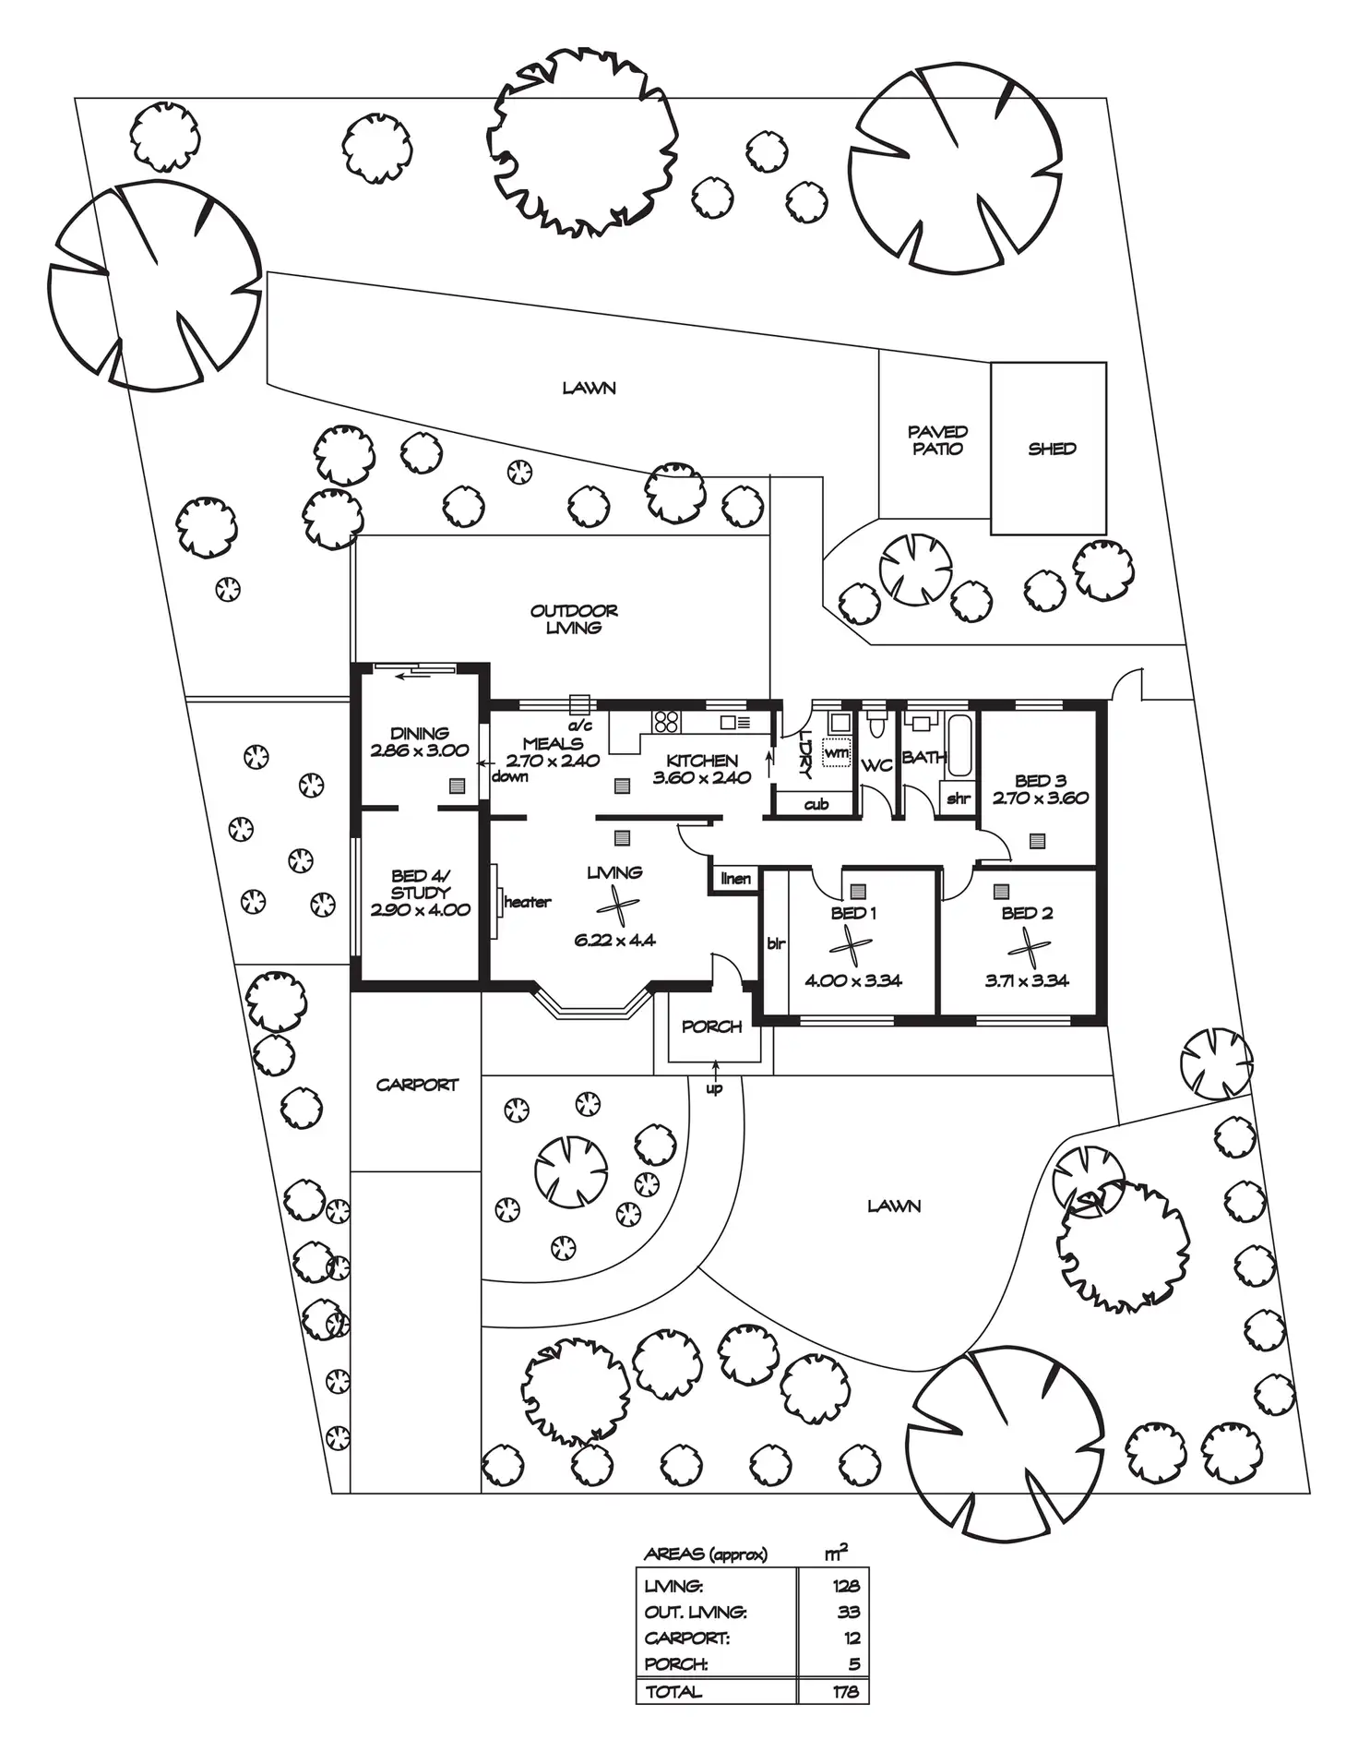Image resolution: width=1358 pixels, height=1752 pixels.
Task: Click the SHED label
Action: click(x=1052, y=449)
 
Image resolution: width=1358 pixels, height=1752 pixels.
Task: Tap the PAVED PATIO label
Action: click(x=937, y=440)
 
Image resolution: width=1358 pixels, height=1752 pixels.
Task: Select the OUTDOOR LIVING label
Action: click(x=574, y=619)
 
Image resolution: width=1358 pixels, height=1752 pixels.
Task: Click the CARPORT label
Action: click(x=417, y=1085)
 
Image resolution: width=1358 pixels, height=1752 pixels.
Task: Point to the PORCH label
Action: click(x=711, y=1026)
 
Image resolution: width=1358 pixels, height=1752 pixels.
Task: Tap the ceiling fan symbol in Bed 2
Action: click(x=1027, y=946)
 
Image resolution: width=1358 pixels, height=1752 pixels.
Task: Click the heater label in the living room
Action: click(x=527, y=902)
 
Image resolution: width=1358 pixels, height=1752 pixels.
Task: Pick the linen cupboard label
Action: click(x=735, y=878)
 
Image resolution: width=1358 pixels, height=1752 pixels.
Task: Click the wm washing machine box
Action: click(x=836, y=753)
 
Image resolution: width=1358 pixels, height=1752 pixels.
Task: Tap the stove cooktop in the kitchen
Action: click(x=666, y=720)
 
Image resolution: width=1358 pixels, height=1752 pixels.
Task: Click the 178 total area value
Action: click(x=844, y=1692)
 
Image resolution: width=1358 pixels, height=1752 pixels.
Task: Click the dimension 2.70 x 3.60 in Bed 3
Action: click(x=1041, y=798)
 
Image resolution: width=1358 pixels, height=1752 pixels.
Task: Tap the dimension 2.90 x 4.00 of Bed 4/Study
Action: click(x=420, y=909)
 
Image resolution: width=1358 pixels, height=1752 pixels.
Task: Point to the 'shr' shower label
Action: click(x=958, y=798)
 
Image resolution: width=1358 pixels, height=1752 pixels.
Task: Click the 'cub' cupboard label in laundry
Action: click(x=816, y=804)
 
